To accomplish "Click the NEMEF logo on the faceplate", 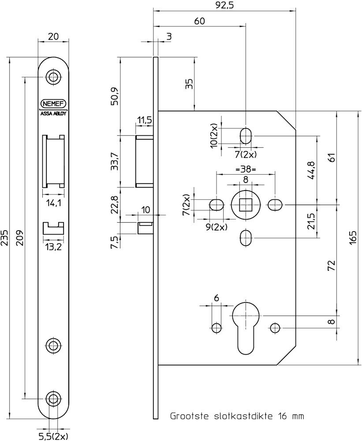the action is [53, 104].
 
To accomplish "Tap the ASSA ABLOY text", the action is [53, 114].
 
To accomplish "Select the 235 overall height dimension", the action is [5, 238].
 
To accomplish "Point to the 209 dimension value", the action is [20, 238].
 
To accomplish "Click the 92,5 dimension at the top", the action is [225, 5].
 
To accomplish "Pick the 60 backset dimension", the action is [199, 21].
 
